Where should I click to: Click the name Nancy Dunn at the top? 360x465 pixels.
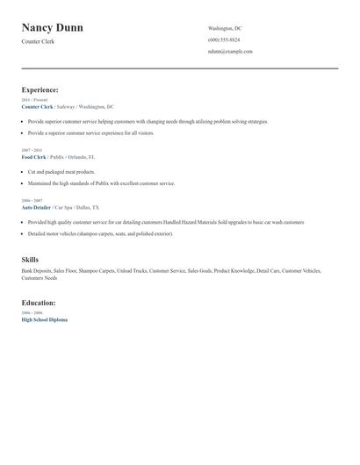(x=53, y=28)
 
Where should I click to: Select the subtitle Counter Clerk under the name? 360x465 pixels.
(x=38, y=41)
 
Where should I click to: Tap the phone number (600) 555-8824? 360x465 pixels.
(x=224, y=39)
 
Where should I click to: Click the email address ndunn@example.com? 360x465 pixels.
(x=230, y=51)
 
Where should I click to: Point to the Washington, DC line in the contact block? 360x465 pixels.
(x=225, y=28)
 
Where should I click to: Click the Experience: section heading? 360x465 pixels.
(x=40, y=89)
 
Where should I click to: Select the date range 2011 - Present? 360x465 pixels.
(x=33, y=100)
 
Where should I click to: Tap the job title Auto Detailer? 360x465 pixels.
(x=36, y=207)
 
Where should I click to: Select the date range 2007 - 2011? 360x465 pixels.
(x=31, y=150)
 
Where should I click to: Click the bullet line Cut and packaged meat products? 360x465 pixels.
(x=61, y=172)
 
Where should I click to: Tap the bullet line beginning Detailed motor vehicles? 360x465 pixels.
(x=100, y=234)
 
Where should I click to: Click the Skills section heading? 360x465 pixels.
(x=30, y=260)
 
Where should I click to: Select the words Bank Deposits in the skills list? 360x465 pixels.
(x=36, y=271)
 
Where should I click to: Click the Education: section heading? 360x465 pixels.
(x=39, y=303)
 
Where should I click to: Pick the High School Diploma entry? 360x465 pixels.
(x=44, y=319)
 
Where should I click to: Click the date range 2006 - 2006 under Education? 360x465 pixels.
(x=32, y=312)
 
